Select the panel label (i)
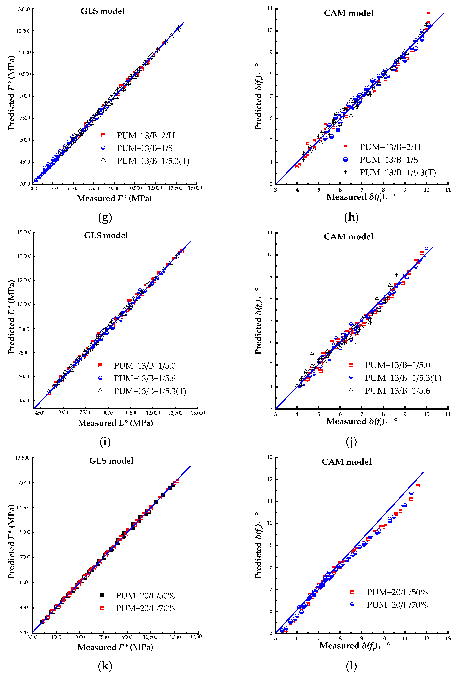tap(105, 441)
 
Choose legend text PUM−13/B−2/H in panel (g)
tap(146, 136)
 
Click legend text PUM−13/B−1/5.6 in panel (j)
tap(397, 391)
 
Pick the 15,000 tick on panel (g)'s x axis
tap(195, 188)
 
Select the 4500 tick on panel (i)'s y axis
tap(24, 401)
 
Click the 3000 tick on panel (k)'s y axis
tap(25, 632)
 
